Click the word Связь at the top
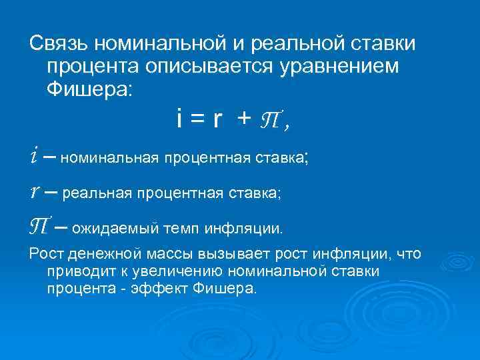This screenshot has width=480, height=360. pos(58,43)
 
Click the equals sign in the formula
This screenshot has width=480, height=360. pos(198,119)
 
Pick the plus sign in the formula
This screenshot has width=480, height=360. pos(245,119)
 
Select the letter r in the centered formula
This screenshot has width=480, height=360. pos(217,120)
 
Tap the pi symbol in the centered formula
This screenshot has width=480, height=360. pos(272,121)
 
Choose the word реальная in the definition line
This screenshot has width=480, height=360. pos(99,193)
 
